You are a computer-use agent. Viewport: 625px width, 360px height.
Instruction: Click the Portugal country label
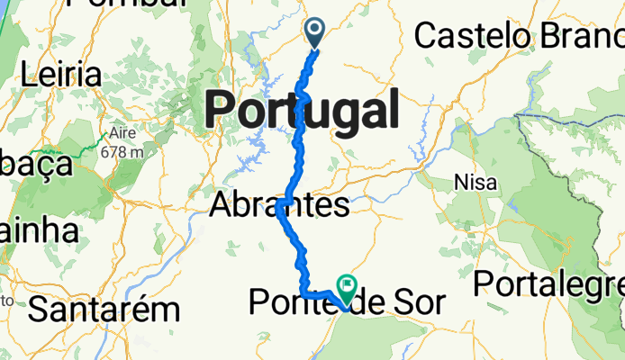click(303, 112)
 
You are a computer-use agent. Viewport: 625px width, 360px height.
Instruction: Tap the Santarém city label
click(104, 310)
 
